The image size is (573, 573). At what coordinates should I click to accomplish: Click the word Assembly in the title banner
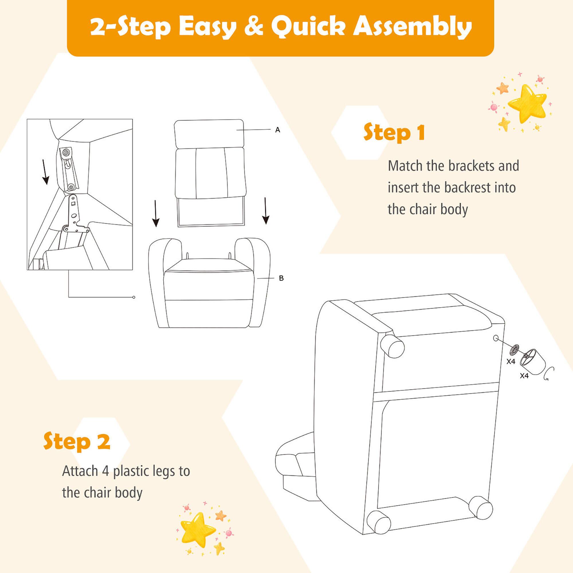point(412,27)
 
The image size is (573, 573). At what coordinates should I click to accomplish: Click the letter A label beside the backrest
point(278,130)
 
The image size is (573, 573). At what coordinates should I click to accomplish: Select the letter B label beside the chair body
point(281,278)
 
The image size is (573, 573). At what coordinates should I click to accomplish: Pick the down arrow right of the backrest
point(266,211)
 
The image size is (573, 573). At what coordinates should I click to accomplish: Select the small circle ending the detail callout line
point(134,297)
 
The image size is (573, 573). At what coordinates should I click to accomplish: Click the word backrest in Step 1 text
point(467,188)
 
